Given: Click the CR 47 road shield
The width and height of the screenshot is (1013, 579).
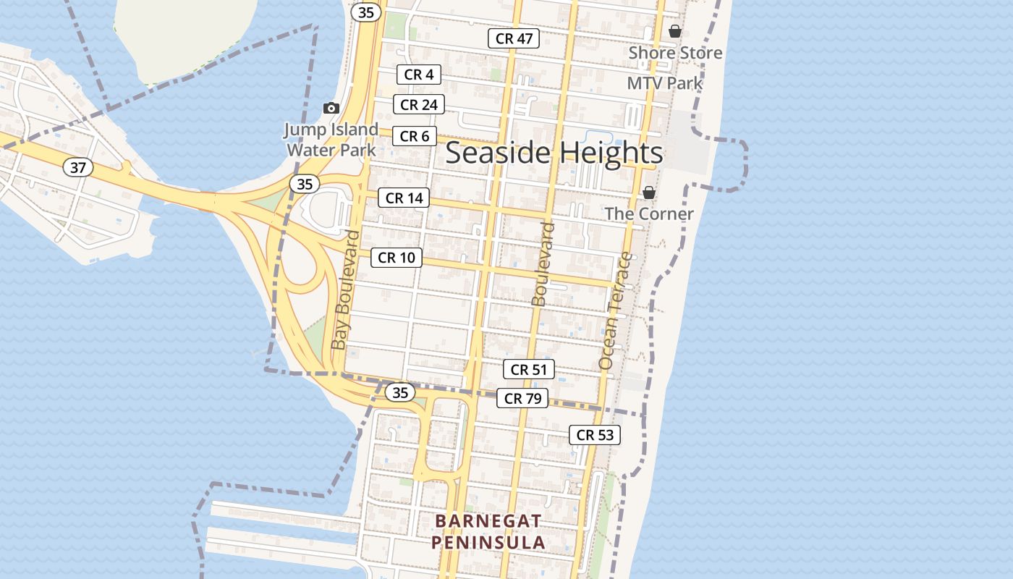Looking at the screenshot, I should (x=514, y=38).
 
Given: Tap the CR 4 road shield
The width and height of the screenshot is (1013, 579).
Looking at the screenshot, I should (x=418, y=75).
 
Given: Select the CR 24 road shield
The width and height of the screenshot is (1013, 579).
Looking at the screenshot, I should (x=418, y=105).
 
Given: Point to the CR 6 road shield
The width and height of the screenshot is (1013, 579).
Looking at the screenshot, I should (x=415, y=136).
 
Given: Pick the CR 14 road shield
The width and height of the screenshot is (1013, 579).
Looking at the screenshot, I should (x=404, y=198).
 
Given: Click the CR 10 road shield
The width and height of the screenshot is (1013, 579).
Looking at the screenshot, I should (x=397, y=257).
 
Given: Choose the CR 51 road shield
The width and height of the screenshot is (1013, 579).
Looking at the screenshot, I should (x=528, y=370).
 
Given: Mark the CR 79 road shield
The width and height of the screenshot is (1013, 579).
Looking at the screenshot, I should (x=522, y=398).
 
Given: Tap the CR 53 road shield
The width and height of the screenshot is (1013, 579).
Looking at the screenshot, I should (x=595, y=435).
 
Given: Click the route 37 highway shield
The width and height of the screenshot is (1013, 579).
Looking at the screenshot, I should (x=78, y=168).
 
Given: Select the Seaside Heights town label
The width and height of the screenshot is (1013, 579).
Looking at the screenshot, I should (x=554, y=153).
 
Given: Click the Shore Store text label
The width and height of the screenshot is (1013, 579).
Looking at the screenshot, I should (x=675, y=53).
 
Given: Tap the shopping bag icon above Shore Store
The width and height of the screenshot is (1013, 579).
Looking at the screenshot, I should (x=675, y=31).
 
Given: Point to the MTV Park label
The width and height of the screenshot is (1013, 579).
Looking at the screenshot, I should (x=665, y=83).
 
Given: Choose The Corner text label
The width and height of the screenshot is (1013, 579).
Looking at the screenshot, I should (x=649, y=214).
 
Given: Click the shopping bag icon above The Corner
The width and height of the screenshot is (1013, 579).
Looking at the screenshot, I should (x=649, y=193).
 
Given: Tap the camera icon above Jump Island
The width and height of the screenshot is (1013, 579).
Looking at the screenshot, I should (x=331, y=108).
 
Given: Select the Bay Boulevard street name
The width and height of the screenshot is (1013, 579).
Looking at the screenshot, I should (x=345, y=289).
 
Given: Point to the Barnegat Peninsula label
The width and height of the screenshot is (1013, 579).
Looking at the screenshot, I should (x=489, y=531).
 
